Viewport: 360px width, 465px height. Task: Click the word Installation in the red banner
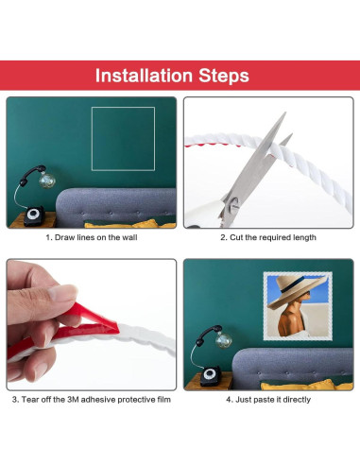pos(144,76)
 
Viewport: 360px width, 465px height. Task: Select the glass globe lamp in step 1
pos(47,181)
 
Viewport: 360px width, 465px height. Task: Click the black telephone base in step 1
pos(34,216)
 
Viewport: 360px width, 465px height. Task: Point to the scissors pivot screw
pos(233,202)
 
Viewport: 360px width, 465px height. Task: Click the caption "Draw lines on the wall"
pos(95,237)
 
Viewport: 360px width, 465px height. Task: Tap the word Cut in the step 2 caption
pos(236,237)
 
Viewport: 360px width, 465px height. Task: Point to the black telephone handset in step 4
pos(208,333)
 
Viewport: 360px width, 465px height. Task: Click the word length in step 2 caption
pos(304,237)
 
